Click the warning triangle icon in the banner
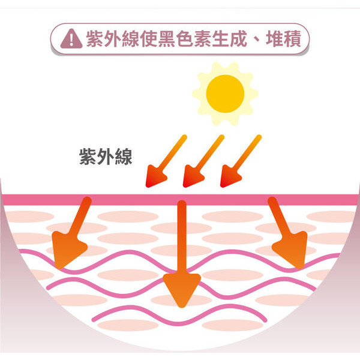[x=71, y=39]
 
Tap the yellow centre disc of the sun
[x=225, y=94]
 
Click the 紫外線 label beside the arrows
[x=106, y=157]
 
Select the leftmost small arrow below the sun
[x=166, y=161]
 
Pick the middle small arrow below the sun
[x=203, y=161]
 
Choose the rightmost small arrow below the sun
[x=241, y=161]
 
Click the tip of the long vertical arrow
[x=182, y=307]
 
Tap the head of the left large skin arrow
[x=68, y=248]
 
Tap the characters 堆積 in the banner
[x=283, y=39]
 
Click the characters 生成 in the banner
[x=229, y=39]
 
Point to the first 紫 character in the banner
[x=95, y=39]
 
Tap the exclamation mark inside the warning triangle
[x=71, y=40]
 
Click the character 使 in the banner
[x=149, y=39]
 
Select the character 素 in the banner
[x=203, y=39]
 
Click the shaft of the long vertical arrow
[x=182, y=238]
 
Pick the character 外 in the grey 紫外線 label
[x=106, y=157]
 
